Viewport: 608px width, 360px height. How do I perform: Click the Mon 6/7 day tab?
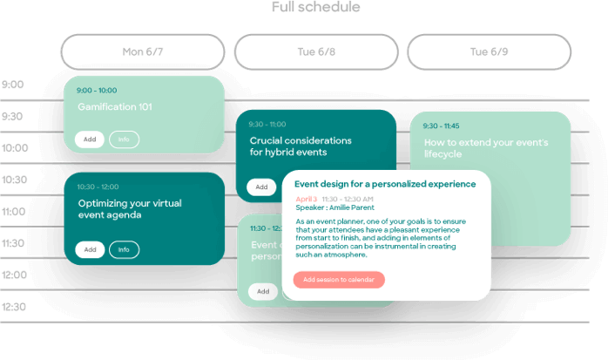(x=143, y=52)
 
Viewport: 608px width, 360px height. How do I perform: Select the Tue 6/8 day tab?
(x=316, y=52)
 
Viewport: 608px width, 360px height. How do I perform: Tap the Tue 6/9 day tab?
(x=489, y=52)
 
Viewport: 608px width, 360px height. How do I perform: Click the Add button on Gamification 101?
(x=89, y=139)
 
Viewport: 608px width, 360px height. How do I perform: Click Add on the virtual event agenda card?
(x=89, y=250)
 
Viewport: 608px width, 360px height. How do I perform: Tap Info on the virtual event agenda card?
(x=124, y=250)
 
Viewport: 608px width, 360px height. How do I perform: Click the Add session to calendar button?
(x=339, y=280)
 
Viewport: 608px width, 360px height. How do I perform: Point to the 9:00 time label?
(x=13, y=85)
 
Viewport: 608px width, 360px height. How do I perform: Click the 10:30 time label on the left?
(x=15, y=180)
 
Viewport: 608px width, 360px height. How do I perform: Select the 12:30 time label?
(x=15, y=307)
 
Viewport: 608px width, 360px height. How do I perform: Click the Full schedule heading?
(x=303, y=8)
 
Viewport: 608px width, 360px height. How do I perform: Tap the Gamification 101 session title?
(x=115, y=107)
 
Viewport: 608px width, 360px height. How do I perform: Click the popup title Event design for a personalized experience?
(x=385, y=184)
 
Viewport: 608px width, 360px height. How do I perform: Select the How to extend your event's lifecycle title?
(x=485, y=148)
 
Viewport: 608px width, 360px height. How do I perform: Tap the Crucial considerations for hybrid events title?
(x=300, y=146)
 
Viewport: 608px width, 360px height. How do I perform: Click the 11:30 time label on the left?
(x=14, y=244)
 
